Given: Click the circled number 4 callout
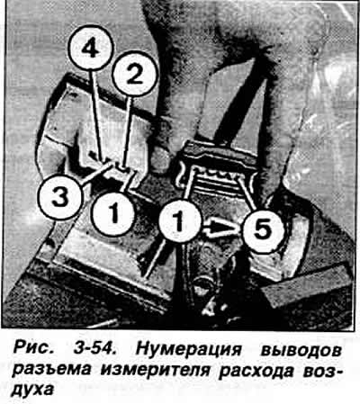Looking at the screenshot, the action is coord(91,49).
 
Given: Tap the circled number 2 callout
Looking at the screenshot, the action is coord(135,74).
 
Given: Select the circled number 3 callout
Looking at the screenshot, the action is coord(59,198).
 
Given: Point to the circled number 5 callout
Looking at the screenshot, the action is coord(263,229).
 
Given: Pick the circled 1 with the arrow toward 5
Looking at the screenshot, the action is coord(179,221).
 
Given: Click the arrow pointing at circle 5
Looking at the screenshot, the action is coord(221,229).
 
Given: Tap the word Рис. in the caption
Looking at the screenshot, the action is coord(31,349).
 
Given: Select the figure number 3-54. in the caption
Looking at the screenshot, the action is coord(93,349).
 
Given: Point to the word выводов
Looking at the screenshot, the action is coord(301,350).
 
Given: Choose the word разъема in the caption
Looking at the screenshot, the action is coord(51,370).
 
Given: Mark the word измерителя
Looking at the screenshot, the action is coord(155,371).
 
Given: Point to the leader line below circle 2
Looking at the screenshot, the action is coord(128,132).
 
